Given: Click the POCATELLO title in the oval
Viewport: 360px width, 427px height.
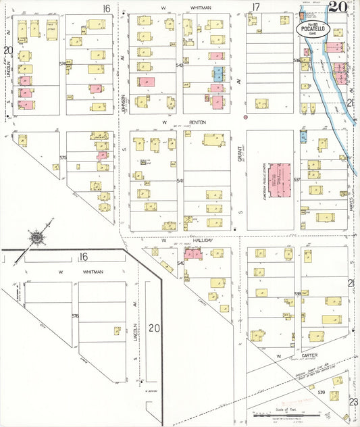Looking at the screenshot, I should coord(313,29).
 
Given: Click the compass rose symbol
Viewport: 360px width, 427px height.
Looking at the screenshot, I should coord(35,237).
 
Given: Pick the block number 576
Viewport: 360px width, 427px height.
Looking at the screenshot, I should coord(75,316).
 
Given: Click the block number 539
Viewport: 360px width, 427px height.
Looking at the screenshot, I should coord(322,393).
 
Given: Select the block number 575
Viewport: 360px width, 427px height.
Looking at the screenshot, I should coord(63,157).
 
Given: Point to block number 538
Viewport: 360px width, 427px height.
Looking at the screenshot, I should coord(297,294).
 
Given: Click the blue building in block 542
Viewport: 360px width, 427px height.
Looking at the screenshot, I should coord(218,74).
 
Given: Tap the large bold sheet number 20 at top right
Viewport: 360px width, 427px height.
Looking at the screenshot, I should coord(338,7).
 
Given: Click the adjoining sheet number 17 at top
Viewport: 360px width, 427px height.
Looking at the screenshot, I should coord(255,7).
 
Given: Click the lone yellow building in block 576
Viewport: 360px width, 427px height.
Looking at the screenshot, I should coord(117,331).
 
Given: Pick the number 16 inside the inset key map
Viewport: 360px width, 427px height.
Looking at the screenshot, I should coord(83,257).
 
